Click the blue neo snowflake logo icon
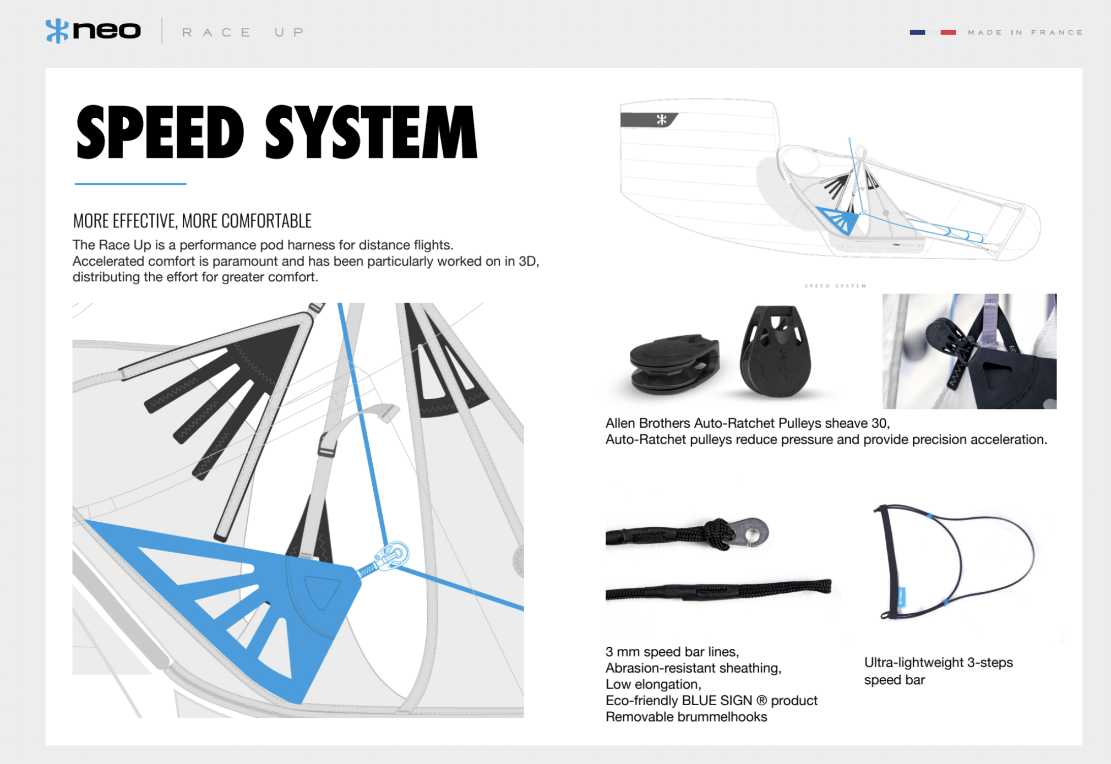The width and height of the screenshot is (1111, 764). pos(57,31)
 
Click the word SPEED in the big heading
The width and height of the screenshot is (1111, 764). pos(160,133)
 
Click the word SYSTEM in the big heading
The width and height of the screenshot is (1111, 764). pos(371,133)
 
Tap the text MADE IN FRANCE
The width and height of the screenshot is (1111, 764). pos(1025,32)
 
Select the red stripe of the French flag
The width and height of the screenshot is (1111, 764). pos(948,32)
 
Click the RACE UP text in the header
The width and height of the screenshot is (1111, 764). pos(243,32)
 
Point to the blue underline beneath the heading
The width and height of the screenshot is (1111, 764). pos(130,184)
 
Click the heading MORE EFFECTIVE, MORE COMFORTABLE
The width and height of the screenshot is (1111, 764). pos(192,221)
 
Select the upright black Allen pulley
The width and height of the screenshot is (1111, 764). pos(776,352)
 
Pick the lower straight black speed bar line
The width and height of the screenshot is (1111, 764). pos(716,591)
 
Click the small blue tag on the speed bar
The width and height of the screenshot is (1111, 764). pos(902,597)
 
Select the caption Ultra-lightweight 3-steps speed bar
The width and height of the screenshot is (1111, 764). pos(938,670)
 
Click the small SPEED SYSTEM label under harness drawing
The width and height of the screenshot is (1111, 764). pos(835,286)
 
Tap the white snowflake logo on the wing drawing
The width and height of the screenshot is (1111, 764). pos(661,119)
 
